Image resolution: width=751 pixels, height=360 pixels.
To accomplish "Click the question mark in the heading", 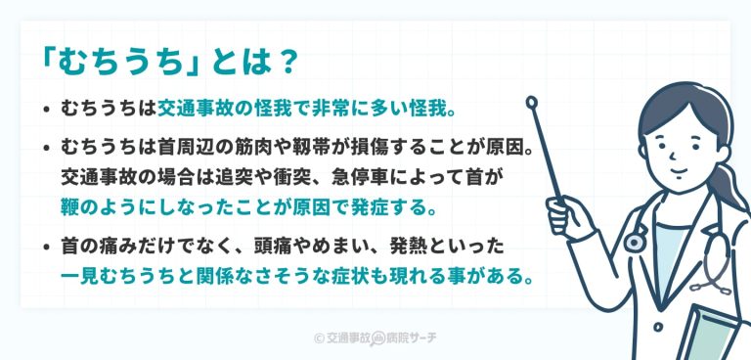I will (286, 62).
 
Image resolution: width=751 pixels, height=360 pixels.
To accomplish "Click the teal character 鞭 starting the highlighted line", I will (70, 208).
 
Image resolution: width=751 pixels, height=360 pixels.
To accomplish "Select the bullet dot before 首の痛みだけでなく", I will (47, 245).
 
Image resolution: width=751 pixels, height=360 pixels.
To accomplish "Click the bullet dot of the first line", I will (47, 107).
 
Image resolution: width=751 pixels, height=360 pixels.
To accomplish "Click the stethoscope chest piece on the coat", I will (636, 239).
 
